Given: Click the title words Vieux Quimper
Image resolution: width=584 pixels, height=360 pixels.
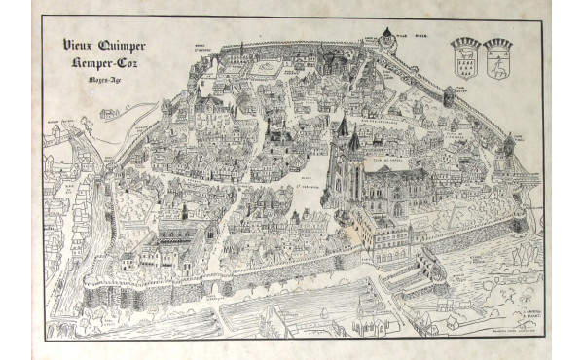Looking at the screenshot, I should click(104, 46).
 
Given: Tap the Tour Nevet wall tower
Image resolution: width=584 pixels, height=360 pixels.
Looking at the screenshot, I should click(449, 96).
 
